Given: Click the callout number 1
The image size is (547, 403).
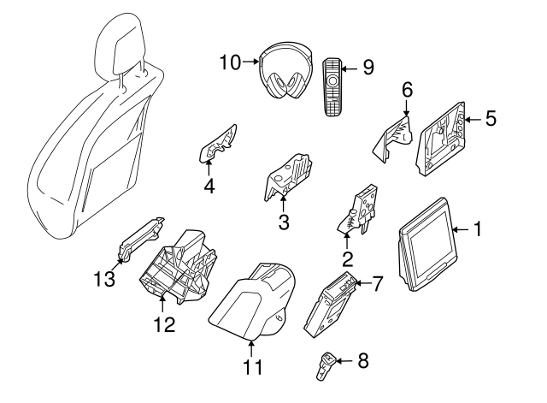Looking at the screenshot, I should [x=478, y=229].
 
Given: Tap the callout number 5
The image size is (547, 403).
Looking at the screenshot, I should [x=490, y=118].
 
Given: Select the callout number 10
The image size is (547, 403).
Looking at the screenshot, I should [x=230, y=62].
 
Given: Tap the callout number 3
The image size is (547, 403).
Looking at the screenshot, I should [x=284, y=223].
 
